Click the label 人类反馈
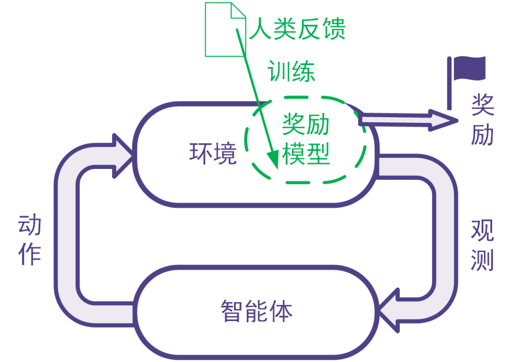[297, 29]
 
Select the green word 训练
[291, 72]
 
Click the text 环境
[213, 153]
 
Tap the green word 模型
[305, 154]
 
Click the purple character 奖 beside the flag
[482, 105]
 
